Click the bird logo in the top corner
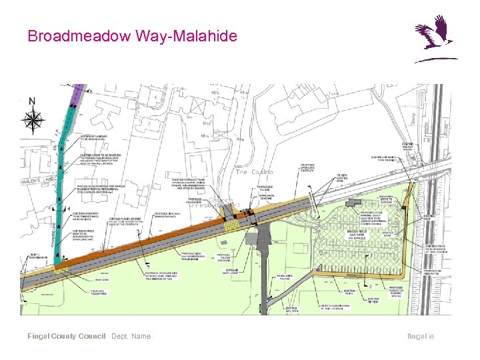click(x=434, y=39)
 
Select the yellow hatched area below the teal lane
click(x=62, y=269)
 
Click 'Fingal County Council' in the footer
click(x=66, y=336)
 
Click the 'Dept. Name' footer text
click(x=131, y=336)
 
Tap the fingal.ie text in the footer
click(x=421, y=336)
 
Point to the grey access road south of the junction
click(x=261, y=267)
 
